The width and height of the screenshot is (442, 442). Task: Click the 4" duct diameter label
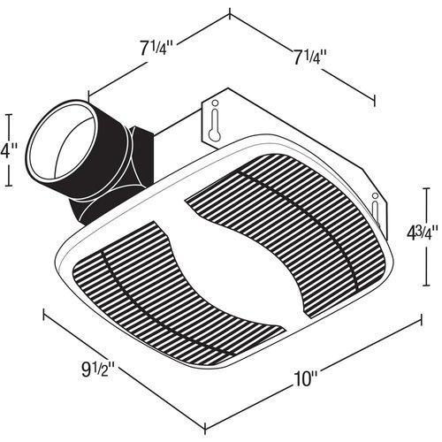point(8,149)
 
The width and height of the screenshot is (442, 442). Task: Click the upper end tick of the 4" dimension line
point(10,112)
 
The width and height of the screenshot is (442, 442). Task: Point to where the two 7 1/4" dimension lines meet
point(229,13)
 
